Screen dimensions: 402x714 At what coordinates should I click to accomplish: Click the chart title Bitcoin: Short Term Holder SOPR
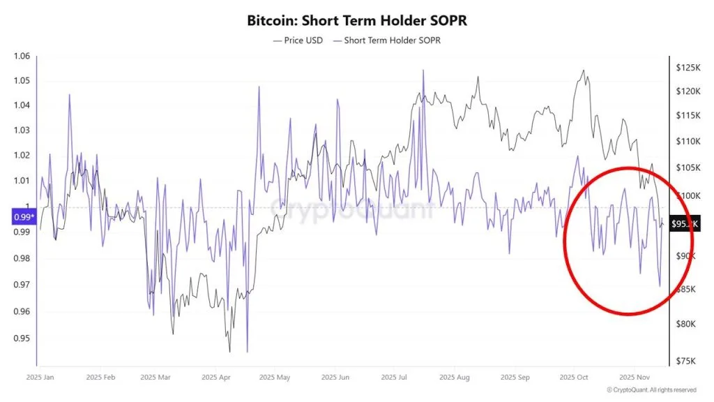coord(356,21)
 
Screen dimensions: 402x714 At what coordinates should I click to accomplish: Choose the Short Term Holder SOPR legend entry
coord(387,40)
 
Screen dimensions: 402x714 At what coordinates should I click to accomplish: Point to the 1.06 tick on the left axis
coord(22,57)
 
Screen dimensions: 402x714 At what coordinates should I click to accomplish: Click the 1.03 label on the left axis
coord(22,131)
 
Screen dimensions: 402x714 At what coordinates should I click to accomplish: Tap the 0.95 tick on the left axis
coord(22,338)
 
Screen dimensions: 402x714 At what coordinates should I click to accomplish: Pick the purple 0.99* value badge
coord(22,217)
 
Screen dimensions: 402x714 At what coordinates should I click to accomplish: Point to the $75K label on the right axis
coord(688,361)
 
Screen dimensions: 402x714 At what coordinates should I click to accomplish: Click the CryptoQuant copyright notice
coord(651,389)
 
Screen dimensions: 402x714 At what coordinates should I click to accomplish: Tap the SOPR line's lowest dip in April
coord(248,352)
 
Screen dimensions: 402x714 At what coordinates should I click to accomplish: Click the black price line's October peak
coord(583,70)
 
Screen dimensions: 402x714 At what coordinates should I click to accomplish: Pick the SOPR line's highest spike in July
coord(423,70)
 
